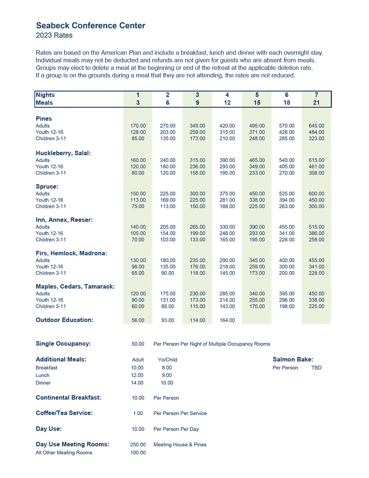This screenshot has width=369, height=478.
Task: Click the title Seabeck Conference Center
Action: coord(90,25)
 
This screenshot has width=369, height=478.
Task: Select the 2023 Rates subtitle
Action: coord(54,35)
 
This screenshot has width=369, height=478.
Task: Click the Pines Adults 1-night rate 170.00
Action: coord(138,126)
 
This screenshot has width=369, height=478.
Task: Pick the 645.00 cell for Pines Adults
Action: coord(317,126)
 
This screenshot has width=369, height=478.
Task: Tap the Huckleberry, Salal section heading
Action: coord(63,153)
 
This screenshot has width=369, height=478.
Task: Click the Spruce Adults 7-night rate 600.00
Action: coord(317,194)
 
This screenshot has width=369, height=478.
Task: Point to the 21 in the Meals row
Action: coord(317,103)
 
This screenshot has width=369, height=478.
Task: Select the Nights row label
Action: coord(45,95)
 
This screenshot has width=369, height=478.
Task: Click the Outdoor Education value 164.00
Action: coord(227,320)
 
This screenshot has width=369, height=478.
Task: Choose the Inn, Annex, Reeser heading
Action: coord(64,220)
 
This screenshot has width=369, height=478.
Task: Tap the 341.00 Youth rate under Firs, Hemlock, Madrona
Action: coord(317,267)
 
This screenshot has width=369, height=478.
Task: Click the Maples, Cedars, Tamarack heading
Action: coord(75,286)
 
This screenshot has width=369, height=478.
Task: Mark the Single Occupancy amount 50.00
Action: coord(138,344)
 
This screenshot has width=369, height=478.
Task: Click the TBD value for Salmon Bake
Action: coord(317,368)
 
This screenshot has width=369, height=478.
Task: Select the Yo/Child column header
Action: coord(167,360)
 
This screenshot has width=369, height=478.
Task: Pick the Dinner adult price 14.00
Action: coord(137,383)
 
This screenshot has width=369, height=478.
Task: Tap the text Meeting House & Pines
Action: coord(180,445)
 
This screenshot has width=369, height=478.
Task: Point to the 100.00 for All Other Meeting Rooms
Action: coord(138,453)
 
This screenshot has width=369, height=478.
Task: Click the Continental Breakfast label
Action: coord(68,397)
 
